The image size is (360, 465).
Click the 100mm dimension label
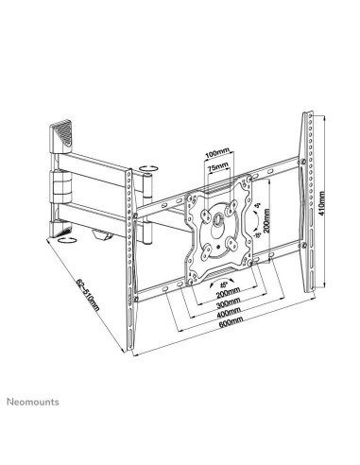tap(218, 151)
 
